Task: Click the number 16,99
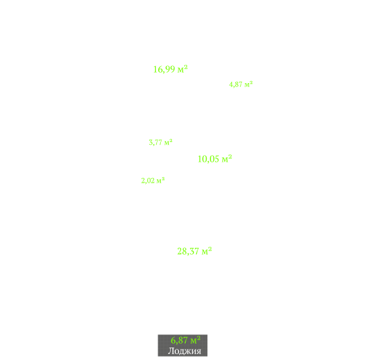[164, 69]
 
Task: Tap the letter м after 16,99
[180, 70]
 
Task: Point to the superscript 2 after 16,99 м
[186, 67]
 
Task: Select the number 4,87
[235, 84]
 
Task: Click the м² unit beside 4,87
[248, 84]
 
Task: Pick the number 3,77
[156, 142]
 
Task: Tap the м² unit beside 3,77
[168, 142]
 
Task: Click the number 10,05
[209, 159]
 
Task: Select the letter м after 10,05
[225, 160]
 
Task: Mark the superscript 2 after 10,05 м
[230, 156]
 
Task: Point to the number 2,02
[148, 181]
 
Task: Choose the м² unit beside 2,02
[160, 180]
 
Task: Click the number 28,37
[188, 251]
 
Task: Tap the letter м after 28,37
[205, 252]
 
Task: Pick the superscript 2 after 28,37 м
[210, 249]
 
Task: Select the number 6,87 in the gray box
[179, 340]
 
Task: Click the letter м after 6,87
[194, 341]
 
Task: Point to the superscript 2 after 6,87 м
[199, 338]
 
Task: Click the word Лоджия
[184, 351]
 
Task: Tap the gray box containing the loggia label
[182, 346]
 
